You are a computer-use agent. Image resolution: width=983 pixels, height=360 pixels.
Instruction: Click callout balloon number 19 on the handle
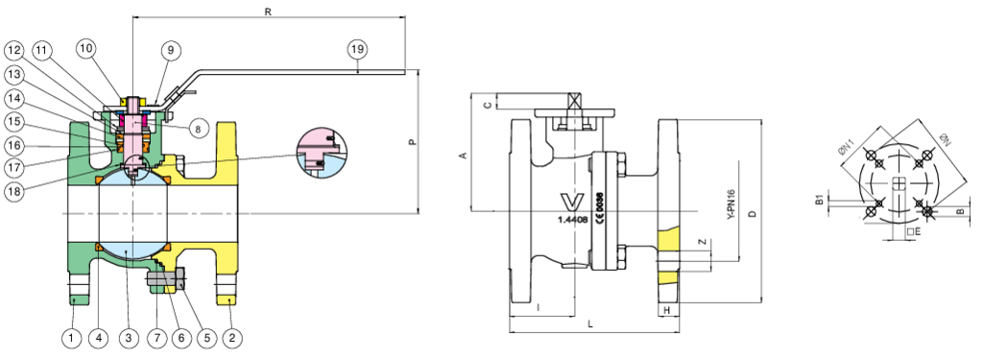(x=357, y=48)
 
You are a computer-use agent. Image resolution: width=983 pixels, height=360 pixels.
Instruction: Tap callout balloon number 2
(x=230, y=337)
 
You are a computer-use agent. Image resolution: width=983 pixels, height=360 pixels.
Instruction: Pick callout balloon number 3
(x=129, y=337)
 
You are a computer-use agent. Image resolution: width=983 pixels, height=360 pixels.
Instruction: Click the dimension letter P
(x=412, y=143)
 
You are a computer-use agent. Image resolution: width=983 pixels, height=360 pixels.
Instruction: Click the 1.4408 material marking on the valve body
(x=573, y=219)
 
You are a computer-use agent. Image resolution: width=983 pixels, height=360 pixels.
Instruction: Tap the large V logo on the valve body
(x=572, y=201)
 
